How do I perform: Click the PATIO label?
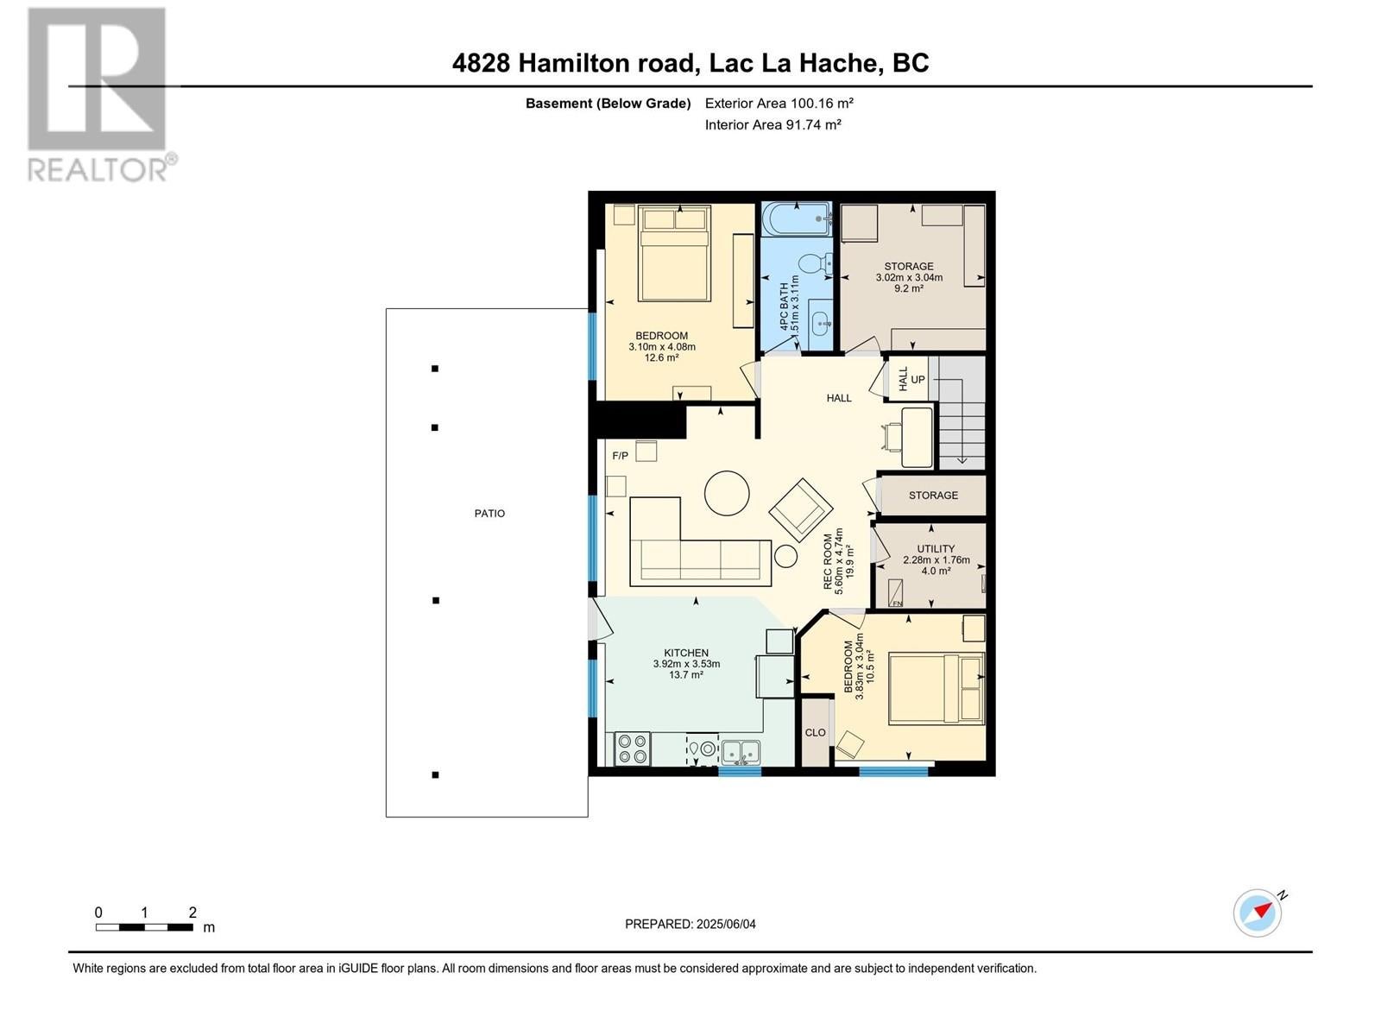click(x=489, y=514)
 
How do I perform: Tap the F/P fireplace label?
click(x=620, y=456)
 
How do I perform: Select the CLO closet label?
click(x=815, y=732)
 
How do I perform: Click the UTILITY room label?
click(x=936, y=548)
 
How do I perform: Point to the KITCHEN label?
click(x=686, y=653)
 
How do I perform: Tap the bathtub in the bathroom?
click(x=798, y=219)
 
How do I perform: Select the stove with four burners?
click(x=632, y=749)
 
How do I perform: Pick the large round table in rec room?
click(x=727, y=493)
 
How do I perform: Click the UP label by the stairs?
click(x=918, y=379)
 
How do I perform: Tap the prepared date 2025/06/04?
click(x=725, y=924)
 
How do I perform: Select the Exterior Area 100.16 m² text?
click(x=779, y=103)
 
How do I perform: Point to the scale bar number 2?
click(x=192, y=912)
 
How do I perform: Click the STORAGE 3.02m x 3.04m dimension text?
click(x=909, y=277)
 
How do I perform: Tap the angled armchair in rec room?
click(x=801, y=510)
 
